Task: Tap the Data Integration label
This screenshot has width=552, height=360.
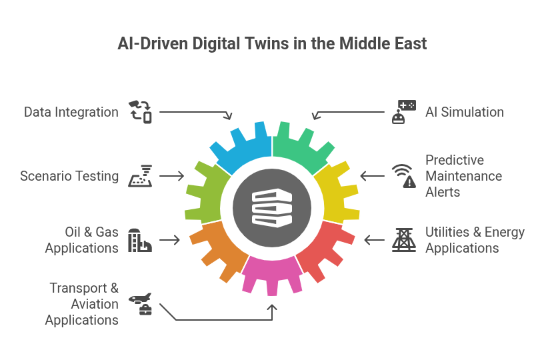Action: [71, 112]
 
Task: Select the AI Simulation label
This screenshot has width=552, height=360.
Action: [464, 112]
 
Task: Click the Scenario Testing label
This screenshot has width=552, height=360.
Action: [69, 177]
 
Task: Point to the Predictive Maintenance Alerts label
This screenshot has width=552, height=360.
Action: [463, 176]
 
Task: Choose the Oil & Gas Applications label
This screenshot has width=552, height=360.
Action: [81, 240]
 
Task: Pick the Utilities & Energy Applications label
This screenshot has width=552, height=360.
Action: [475, 240]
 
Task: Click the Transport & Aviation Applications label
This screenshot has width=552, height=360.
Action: [82, 304]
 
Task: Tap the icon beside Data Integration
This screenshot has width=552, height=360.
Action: [140, 111]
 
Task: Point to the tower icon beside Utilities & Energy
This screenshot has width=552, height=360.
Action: [403, 240]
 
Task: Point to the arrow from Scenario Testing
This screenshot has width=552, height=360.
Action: [171, 176]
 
